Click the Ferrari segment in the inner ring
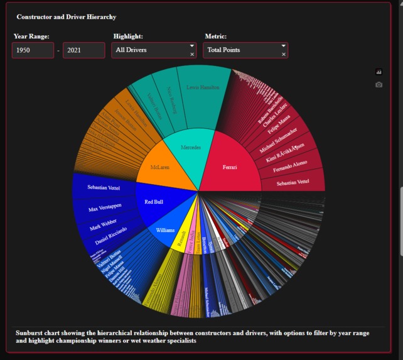[x=230, y=166]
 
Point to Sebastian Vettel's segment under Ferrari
[x=293, y=182]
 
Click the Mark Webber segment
[x=104, y=225]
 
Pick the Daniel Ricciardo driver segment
[x=110, y=241]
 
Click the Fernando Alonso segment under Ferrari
[x=290, y=165]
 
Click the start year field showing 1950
[x=33, y=50]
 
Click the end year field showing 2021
[x=83, y=50]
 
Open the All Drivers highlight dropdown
[x=152, y=50]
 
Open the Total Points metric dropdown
[x=244, y=50]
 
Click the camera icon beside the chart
[x=379, y=85]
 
